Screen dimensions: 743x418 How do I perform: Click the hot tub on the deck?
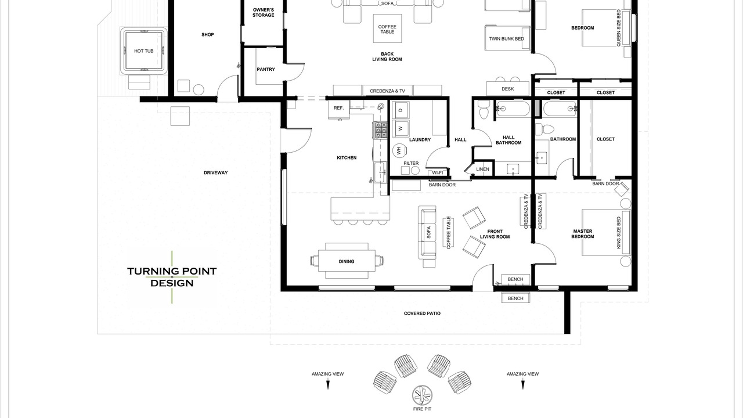(x=143, y=51)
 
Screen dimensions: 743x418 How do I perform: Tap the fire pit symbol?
(x=422, y=395)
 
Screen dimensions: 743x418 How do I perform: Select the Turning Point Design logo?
(x=172, y=277)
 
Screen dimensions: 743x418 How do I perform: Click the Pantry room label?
(x=266, y=69)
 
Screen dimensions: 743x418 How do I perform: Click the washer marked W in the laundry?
(x=401, y=128)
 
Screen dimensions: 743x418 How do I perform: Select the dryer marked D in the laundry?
(x=401, y=110)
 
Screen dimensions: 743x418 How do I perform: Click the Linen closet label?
(x=482, y=169)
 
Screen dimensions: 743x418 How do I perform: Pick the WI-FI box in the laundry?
(x=438, y=173)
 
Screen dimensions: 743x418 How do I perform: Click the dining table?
(x=347, y=261)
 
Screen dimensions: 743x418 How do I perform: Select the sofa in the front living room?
(x=427, y=232)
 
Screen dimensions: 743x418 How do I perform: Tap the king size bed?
(x=607, y=232)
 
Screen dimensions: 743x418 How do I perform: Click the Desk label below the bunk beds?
(x=508, y=89)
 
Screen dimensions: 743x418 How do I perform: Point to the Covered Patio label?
(x=422, y=313)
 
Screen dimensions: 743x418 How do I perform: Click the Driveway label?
(x=215, y=172)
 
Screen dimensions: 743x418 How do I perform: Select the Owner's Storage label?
(x=264, y=13)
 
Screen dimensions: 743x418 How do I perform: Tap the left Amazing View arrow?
(x=328, y=385)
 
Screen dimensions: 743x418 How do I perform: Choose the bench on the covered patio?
(x=515, y=298)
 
